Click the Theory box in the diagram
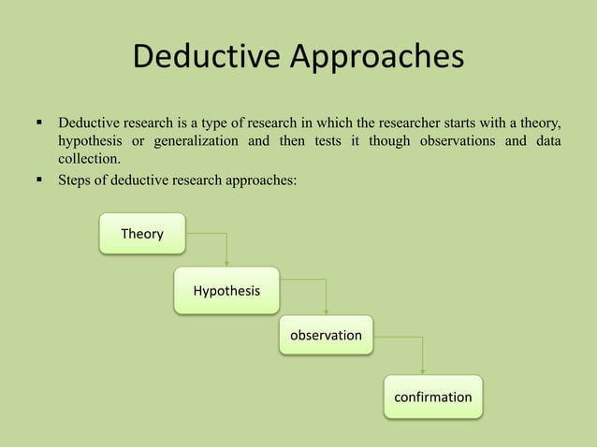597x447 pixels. pyautogui.click(x=142, y=234)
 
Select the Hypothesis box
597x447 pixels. pyautogui.click(x=226, y=291)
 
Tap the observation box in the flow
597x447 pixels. pyautogui.click(x=326, y=335)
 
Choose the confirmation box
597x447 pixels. pyautogui.click(x=433, y=397)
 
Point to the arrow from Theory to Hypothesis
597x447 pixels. pyautogui.click(x=226, y=248)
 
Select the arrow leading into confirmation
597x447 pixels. pyautogui.click(x=423, y=355)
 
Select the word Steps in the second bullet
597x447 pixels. pyautogui.click(x=76, y=179)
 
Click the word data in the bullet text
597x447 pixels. pyautogui.click(x=546, y=141)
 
